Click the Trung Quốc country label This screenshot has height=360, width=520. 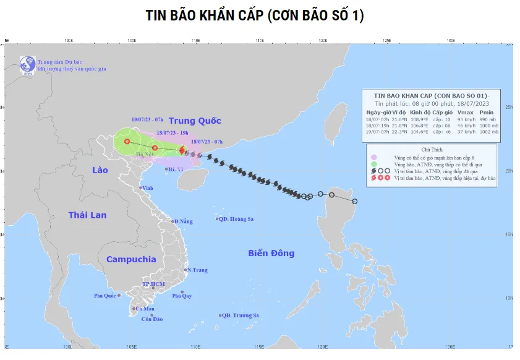coord(195,121)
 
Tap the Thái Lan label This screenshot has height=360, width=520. coord(87,215)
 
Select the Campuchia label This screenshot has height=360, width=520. coord(130,259)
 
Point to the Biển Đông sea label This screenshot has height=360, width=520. coord(271,253)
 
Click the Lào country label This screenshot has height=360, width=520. coord(100,170)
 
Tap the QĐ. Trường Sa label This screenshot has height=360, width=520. coord(242,315)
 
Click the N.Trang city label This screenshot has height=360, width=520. coord(197,270)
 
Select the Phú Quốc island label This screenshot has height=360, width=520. coord(106,296)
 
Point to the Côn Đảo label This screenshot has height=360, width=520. coord(151,319)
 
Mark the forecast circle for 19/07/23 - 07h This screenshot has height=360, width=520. coord(127,142)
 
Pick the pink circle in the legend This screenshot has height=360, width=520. coord(374,158)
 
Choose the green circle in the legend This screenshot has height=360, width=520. coord(374,164)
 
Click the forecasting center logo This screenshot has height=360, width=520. coord(27,64)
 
